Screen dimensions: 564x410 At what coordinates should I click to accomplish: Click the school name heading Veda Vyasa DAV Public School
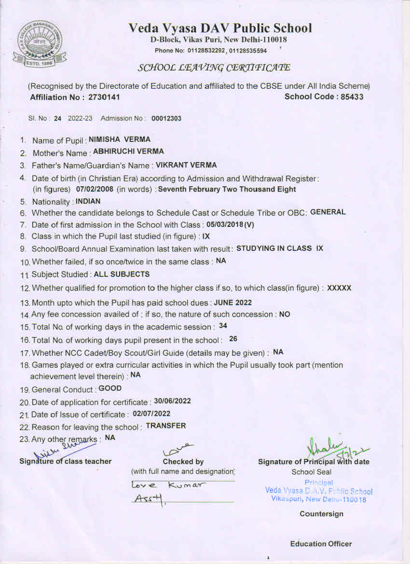220,28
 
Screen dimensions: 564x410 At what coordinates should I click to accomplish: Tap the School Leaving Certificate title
214,67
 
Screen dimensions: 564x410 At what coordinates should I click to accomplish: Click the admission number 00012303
166,119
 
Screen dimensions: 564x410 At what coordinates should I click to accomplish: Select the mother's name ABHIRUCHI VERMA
128,151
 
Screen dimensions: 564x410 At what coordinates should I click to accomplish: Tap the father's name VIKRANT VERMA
186,165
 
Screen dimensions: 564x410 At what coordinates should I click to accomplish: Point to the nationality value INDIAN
88,201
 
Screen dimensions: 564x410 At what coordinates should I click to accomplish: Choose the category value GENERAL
328,212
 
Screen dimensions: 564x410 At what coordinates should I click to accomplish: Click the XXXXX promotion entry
339,288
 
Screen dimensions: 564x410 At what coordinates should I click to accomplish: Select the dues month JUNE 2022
232,303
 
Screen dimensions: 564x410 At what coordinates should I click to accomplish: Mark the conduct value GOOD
110,388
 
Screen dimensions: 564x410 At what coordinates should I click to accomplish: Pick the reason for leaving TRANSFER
165,426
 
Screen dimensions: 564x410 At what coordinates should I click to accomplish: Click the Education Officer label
321,544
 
